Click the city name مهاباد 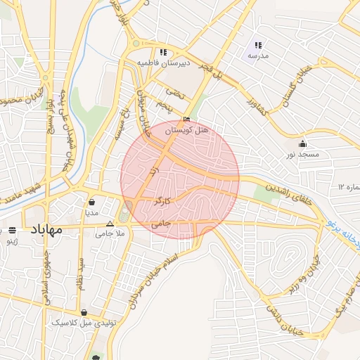[47, 229]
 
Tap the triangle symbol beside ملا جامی [109, 224]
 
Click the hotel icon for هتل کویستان [186, 120]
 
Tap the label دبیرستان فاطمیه [163, 63]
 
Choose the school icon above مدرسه [258, 45]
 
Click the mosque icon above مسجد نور [302, 143]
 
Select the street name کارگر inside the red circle [162, 202]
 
